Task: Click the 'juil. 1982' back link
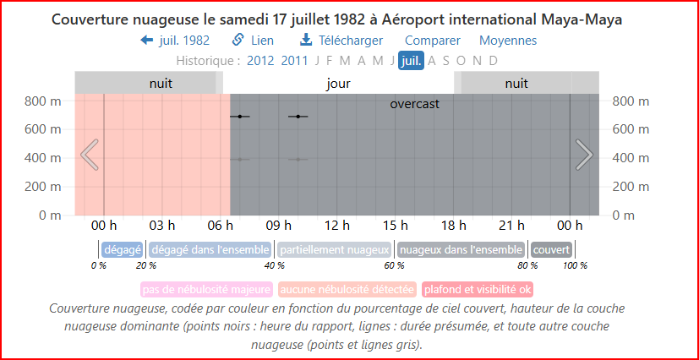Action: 175,41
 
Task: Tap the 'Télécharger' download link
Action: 341,41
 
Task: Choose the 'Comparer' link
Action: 433,41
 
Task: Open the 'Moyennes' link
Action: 508,41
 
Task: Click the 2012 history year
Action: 260,61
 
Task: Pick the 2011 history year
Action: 295,61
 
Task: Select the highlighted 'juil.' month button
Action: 411,61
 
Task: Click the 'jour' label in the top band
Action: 338,84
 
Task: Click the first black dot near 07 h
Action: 240,116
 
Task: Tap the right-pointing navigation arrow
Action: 584,155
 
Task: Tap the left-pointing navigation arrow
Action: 90,155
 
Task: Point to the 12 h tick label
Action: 337,226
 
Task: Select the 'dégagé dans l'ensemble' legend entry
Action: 210,250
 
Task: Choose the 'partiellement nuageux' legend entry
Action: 335,250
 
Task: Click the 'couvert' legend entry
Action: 551,250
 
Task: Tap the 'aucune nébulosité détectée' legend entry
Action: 347,290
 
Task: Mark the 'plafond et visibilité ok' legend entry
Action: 478,290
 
